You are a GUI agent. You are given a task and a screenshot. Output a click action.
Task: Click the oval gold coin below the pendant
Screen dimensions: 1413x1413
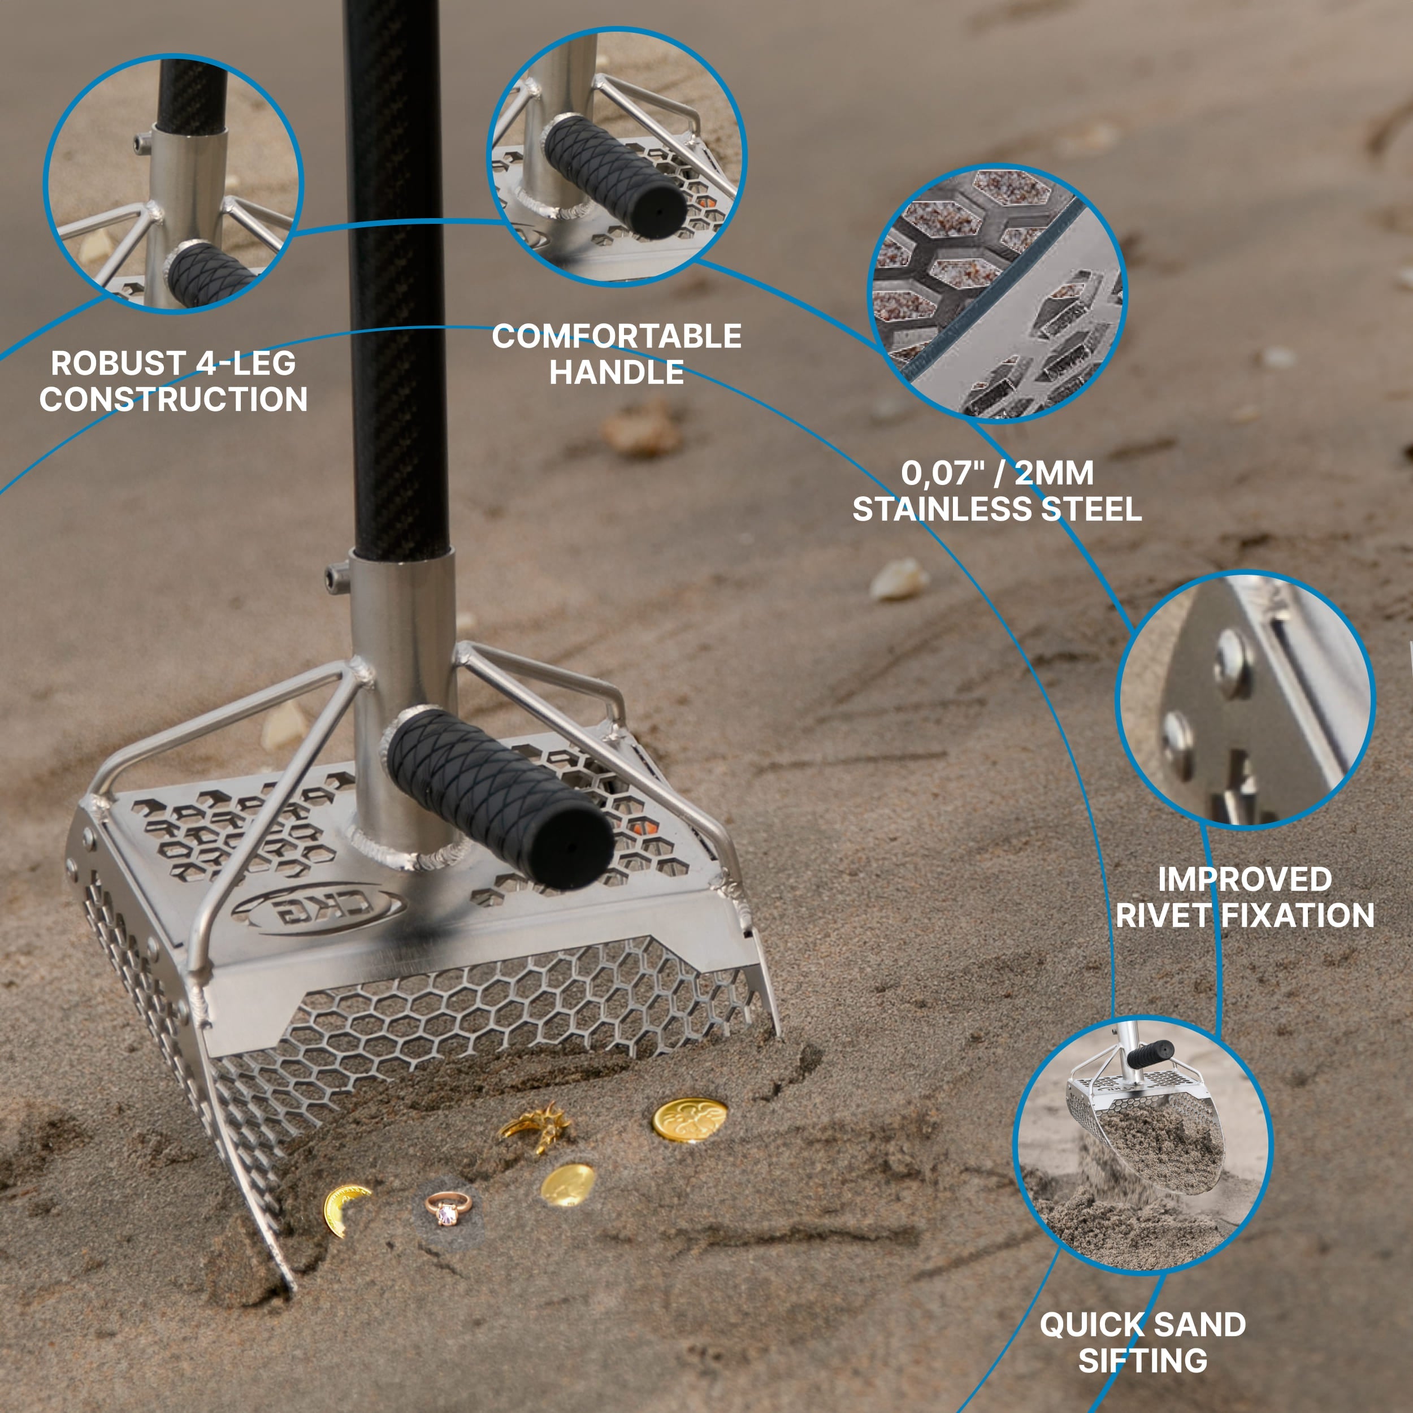click(567, 1184)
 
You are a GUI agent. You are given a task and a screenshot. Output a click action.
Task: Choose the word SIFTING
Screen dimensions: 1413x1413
click(1142, 1360)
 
